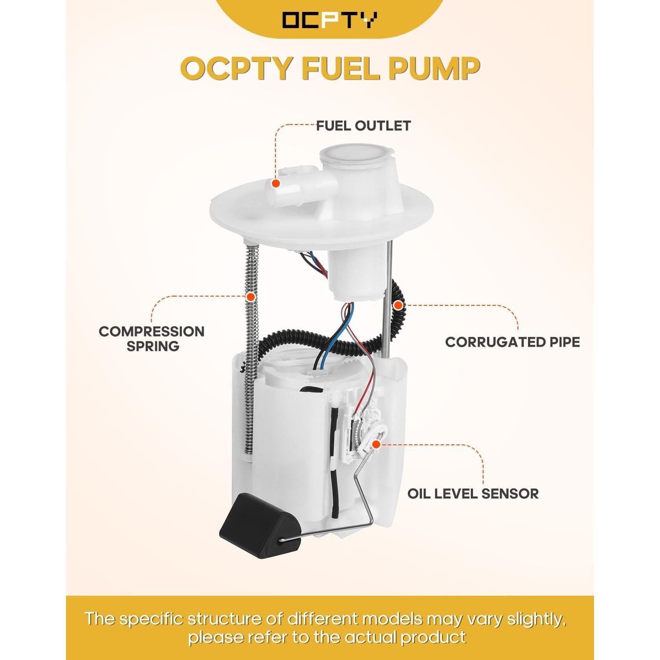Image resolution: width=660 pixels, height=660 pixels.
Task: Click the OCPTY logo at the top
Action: click(330, 20)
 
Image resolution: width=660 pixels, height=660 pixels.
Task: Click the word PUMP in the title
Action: click(433, 69)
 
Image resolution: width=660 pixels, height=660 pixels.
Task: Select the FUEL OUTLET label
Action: click(363, 126)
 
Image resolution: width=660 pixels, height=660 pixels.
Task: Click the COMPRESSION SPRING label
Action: click(152, 338)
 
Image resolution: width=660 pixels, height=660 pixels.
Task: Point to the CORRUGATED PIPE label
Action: click(512, 342)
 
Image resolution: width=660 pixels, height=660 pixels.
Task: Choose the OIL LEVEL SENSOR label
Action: click(473, 493)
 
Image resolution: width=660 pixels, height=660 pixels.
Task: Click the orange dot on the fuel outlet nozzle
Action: click(275, 183)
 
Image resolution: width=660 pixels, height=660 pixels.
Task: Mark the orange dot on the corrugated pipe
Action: click(397, 305)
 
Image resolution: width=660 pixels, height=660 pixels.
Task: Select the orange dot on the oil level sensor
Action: click(376, 444)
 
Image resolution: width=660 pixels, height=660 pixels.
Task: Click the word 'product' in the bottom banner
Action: click(433, 637)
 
